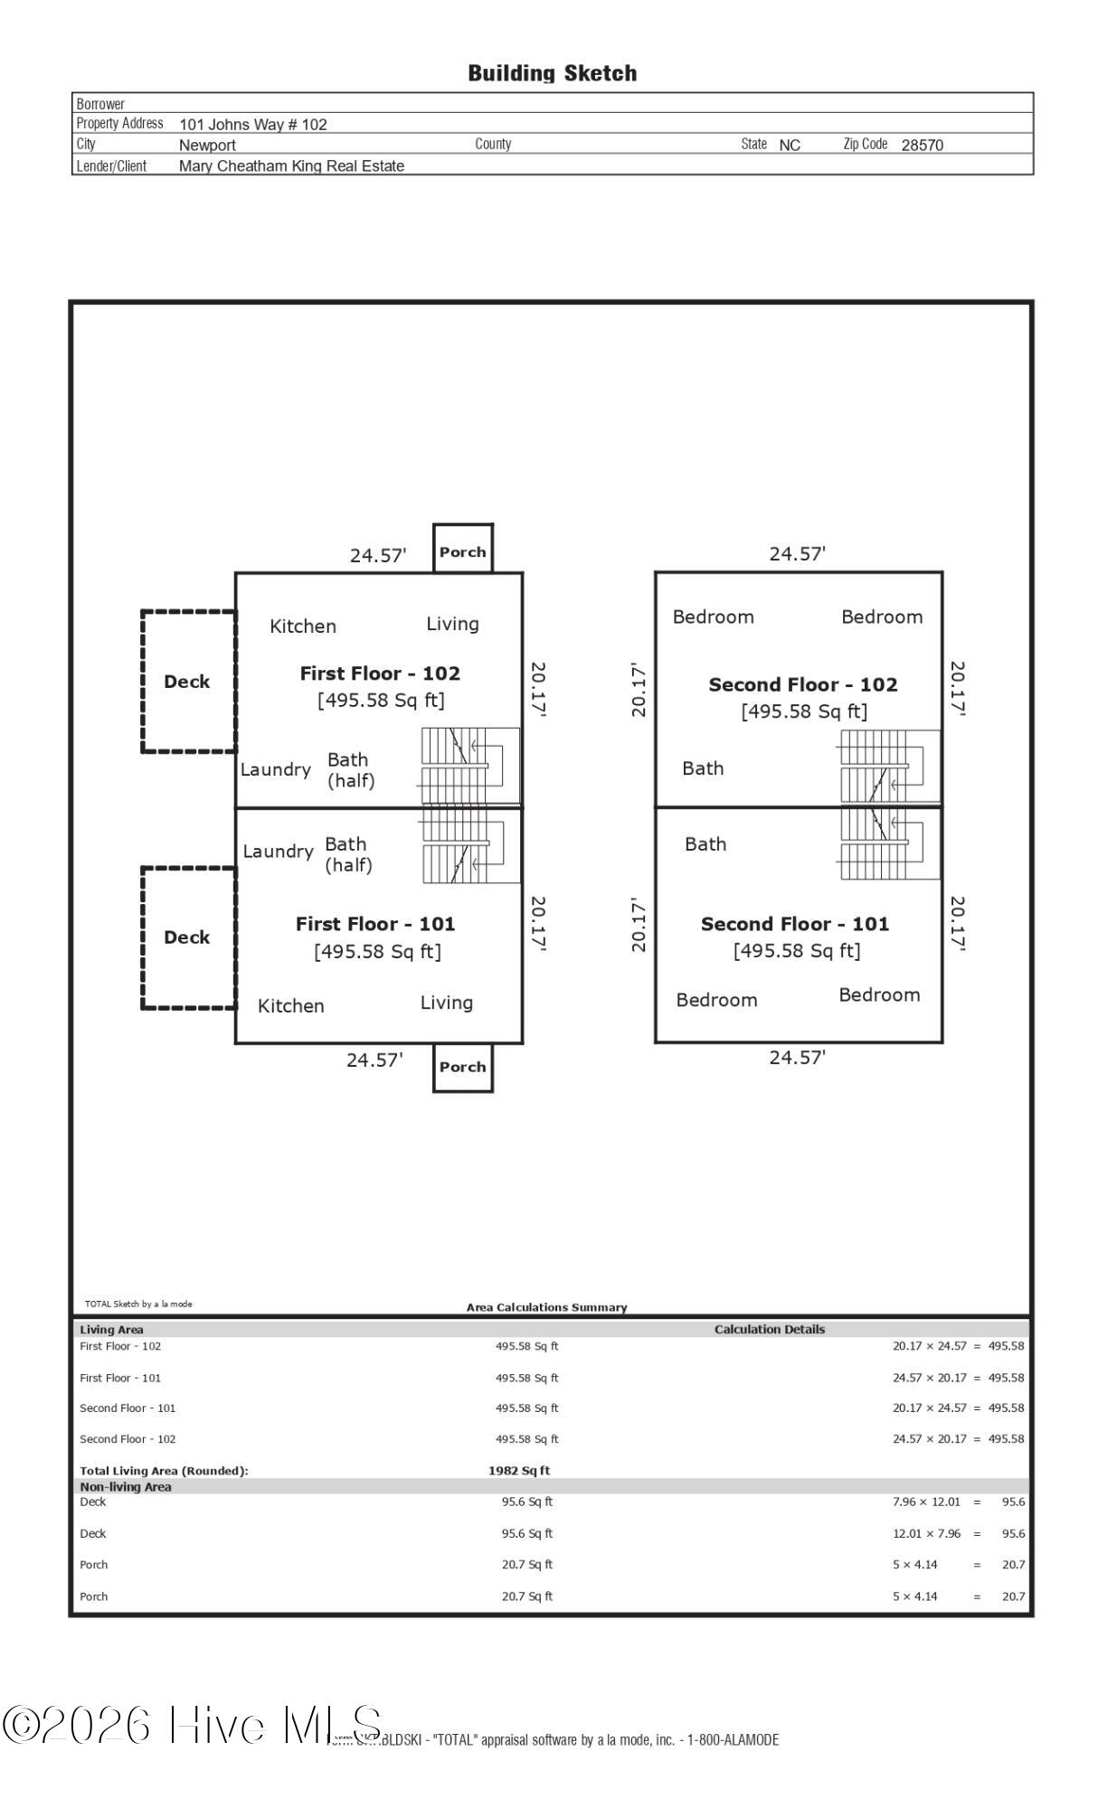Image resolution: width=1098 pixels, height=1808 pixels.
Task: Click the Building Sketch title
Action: (x=552, y=73)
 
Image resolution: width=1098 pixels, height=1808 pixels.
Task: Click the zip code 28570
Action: (x=922, y=145)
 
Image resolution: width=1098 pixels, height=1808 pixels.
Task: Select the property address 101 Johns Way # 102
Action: (x=253, y=125)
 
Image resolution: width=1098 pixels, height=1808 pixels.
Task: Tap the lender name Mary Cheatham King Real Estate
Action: (x=291, y=165)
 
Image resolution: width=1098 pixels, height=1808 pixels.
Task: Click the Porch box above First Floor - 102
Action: (x=462, y=550)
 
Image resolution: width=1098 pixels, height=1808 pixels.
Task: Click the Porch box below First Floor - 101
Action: (x=462, y=1067)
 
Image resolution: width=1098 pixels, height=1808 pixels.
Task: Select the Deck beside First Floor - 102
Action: (x=187, y=682)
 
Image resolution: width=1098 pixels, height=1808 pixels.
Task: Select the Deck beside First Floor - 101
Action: (x=187, y=937)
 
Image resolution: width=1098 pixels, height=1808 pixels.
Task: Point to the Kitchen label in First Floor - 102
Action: (x=303, y=626)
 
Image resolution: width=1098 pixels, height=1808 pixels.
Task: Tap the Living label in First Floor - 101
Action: (x=446, y=1002)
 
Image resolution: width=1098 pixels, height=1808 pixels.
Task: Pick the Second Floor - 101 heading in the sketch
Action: (x=794, y=923)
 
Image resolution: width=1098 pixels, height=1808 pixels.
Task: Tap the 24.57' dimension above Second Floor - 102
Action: (x=797, y=553)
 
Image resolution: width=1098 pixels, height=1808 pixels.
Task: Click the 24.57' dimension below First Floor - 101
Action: (x=374, y=1059)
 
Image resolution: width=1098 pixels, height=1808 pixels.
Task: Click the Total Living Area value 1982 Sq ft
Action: (x=519, y=1471)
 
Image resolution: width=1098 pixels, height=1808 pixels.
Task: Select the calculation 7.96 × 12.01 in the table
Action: (x=926, y=1502)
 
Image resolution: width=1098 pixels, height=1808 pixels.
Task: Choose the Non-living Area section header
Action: (x=126, y=1486)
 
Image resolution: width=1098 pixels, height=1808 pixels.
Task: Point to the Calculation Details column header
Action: (x=770, y=1329)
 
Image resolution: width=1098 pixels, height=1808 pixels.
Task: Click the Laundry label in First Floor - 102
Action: (x=276, y=769)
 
